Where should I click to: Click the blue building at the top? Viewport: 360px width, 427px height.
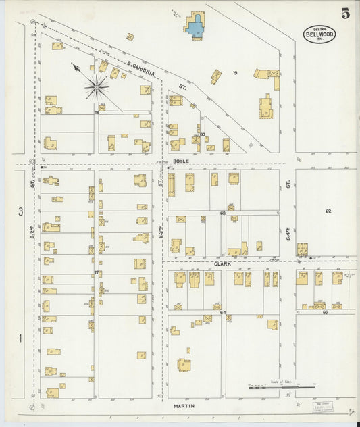(195, 28)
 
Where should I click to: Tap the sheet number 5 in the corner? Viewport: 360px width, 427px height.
(345, 13)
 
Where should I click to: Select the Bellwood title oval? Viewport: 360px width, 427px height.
(319, 34)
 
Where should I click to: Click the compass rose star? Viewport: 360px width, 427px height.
(97, 86)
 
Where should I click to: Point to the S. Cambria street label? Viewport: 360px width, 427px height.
(143, 66)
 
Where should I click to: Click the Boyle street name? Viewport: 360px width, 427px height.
(180, 161)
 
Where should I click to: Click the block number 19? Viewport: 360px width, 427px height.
(235, 72)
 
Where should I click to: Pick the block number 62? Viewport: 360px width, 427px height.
(328, 211)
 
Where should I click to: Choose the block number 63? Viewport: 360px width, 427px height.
(222, 214)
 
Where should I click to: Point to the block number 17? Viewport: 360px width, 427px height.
(97, 272)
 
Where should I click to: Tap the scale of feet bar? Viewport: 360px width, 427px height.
(282, 387)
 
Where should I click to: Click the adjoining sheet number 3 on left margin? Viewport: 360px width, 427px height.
(20, 211)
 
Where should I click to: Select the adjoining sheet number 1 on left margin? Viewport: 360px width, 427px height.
(20, 338)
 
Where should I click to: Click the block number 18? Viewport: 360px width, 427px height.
(97, 113)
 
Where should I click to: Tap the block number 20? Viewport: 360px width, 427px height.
(202, 134)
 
